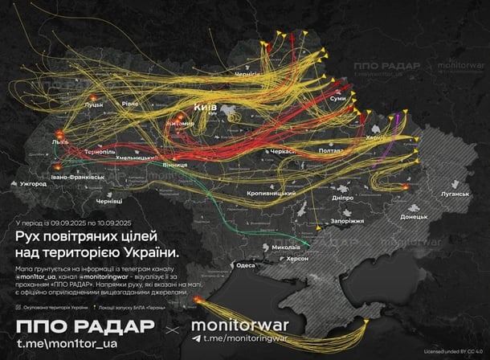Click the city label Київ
pyautogui.click(x=206, y=107)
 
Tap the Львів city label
pyautogui.click(x=60, y=141)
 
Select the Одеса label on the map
pyautogui.click(x=245, y=265)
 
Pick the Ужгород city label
pyautogui.click(x=35, y=184)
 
